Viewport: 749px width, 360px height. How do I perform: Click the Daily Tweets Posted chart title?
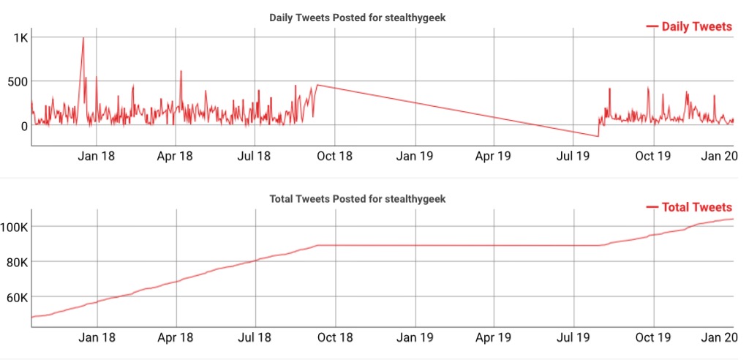coord(357,18)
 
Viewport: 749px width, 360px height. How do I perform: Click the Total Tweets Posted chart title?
coord(357,198)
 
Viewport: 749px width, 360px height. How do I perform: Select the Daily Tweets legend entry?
coord(696,26)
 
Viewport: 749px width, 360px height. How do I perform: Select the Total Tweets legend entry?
coord(696,207)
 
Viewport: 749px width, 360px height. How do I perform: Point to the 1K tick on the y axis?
coord(19,37)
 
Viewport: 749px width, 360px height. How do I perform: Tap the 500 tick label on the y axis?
coord(16,81)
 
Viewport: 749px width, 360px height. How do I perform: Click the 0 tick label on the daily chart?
coord(23,126)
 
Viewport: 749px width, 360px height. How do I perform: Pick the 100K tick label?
coord(15,227)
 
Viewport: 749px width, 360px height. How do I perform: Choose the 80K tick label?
coord(16,262)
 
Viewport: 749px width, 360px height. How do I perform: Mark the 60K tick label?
coord(16,298)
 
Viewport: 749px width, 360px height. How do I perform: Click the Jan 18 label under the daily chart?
coord(97,156)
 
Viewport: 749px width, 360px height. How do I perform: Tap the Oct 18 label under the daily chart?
coord(336,156)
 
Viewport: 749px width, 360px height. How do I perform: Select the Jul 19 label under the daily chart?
coord(573,156)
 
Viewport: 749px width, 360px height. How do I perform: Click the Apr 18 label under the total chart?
coord(176,337)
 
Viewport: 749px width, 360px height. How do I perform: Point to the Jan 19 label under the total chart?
coord(415,337)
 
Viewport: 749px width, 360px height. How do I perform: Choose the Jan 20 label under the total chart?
coord(718,337)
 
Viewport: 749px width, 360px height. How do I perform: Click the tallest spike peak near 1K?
coord(83,38)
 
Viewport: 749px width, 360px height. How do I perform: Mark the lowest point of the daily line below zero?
coord(598,136)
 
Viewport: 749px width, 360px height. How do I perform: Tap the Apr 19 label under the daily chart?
coord(494,156)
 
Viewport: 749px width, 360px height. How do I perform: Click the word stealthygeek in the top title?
coord(414,18)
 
